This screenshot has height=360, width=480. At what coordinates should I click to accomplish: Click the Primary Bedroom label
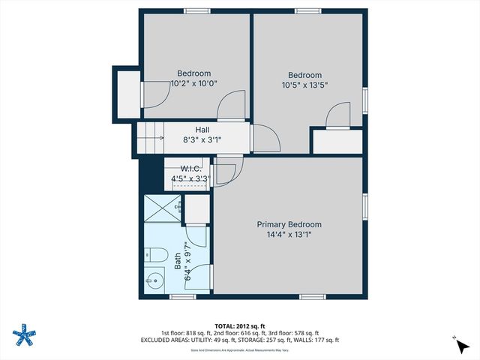[x=289, y=224]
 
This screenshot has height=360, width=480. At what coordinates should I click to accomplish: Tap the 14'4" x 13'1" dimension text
[x=289, y=235]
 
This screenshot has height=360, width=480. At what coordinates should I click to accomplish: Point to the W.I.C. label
[x=191, y=169]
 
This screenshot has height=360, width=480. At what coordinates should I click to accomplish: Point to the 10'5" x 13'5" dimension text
[x=305, y=85]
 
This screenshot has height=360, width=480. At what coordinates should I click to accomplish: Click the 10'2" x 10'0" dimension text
[x=193, y=84]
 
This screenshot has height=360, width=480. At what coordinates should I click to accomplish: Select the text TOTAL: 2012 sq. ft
[x=240, y=325]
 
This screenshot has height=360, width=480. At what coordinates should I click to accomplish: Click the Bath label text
[x=178, y=259]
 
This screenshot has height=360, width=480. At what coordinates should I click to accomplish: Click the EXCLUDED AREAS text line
[x=240, y=340]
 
